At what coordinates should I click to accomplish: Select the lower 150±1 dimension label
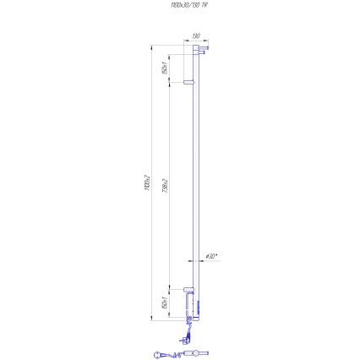(x=163, y=303)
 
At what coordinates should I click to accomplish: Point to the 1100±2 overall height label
(x=145, y=183)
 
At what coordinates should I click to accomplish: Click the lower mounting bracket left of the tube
(x=188, y=292)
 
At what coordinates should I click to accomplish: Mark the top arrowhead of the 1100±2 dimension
(x=151, y=47)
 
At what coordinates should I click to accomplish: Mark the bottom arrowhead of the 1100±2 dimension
(x=151, y=319)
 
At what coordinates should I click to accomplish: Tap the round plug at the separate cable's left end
(x=158, y=354)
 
